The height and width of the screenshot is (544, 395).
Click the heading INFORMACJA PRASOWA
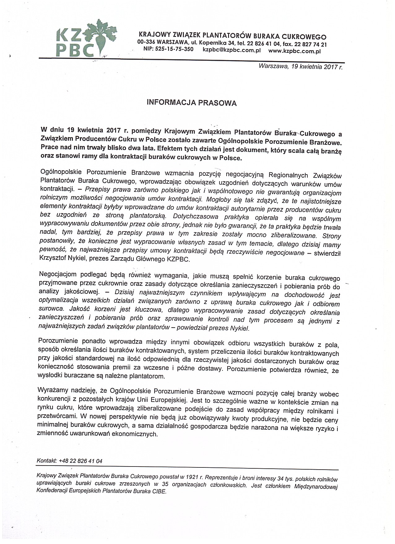(x=192, y=103)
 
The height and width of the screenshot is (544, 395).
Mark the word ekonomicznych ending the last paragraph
(x=136, y=434)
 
